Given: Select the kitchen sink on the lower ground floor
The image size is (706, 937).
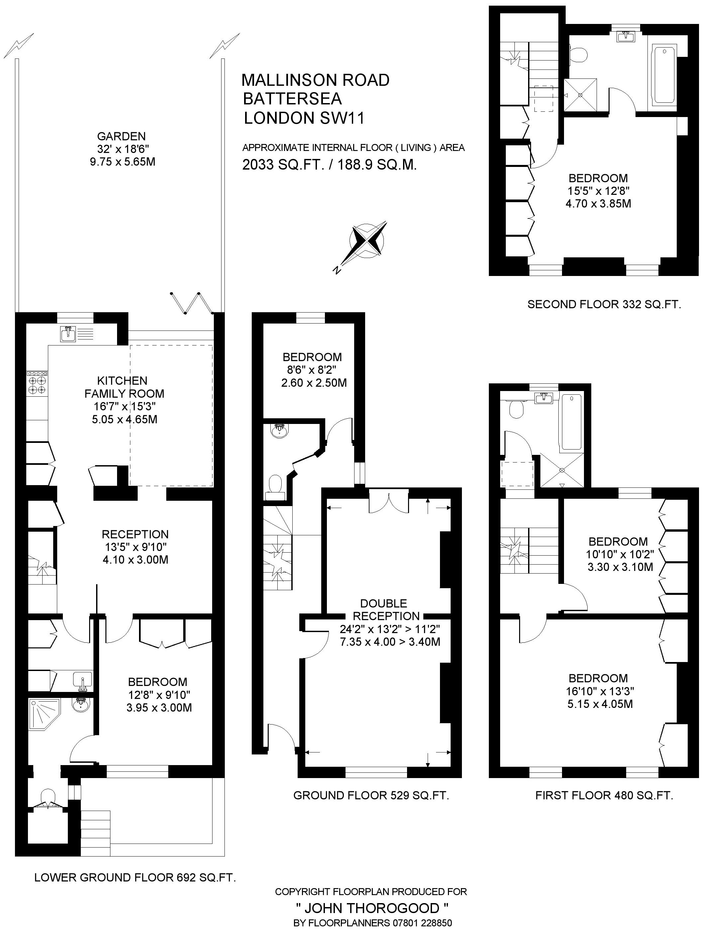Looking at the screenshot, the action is coord(68,334).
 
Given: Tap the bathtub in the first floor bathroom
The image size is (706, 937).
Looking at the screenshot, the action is coord(572,422).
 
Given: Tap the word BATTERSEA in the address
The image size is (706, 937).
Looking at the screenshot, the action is coord(292,99).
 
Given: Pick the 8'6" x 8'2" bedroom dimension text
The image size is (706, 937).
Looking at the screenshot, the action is coord(312,370).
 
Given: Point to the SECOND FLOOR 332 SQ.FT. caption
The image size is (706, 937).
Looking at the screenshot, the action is coord(604,304).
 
